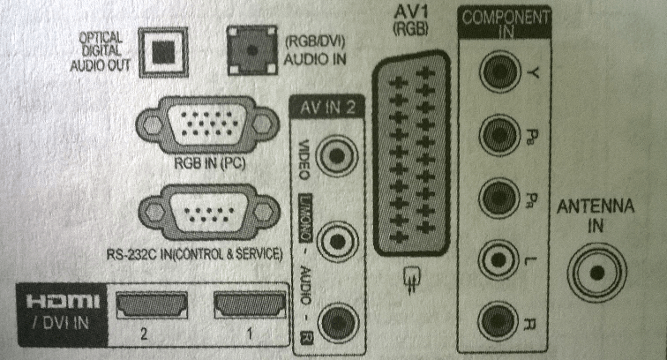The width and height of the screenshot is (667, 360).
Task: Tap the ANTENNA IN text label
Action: pyautogui.click(x=596, y=214)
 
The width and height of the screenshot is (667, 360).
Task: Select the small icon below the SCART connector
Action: pyautogui.click(x=408, y=280)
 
